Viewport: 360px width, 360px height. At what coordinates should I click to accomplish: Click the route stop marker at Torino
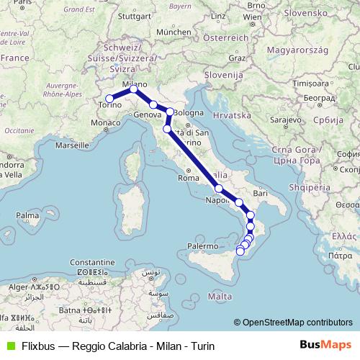pyautogui.click(x=109, y=99)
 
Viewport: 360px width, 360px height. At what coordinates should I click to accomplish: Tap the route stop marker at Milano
pyautogui.click(x=133, y=89)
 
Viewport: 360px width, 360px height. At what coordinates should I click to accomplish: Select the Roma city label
pyautogui.click(x=187, y=178)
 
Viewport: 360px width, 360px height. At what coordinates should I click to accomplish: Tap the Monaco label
pyautogui.click(x=104, y=124)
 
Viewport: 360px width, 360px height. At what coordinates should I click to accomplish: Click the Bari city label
pyautogui.click(x=260, y=193)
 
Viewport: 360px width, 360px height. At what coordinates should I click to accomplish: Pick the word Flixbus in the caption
pyautogui.click(x=37, y=345)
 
